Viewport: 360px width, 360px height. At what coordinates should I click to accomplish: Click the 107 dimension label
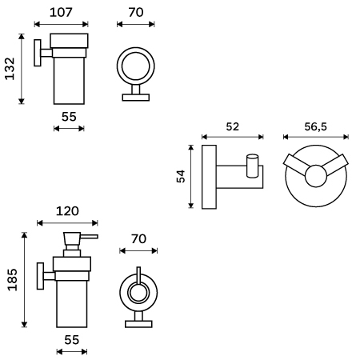coord(61,12)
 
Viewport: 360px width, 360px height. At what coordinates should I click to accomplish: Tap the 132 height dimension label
coord(10,69)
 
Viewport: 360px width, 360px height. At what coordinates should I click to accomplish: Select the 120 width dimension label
coord(67,211)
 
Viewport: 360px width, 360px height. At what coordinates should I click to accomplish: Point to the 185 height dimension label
coord(12,279)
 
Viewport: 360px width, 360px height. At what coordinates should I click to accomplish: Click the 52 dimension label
coord(233,126)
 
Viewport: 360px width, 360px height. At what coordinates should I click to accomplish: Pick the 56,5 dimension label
coord(315,126)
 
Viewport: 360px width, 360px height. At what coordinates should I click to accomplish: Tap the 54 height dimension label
coord(181,176)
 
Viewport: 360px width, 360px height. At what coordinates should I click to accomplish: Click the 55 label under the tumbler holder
coord(69,117)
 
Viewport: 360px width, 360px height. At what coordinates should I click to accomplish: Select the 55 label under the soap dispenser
coord(72,340)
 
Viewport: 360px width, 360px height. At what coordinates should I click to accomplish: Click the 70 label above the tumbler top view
coord(136,12)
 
